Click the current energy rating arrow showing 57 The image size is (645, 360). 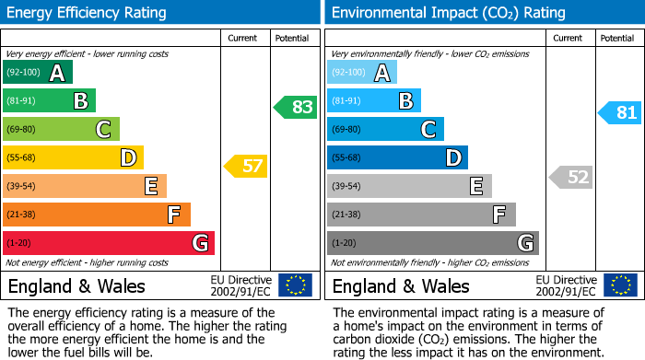[245, 167]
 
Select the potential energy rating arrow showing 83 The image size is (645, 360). [296, 107]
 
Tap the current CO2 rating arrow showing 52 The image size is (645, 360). [570, 177]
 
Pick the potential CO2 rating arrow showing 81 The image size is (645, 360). [620, 113]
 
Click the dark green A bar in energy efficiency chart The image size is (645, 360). [38, 73]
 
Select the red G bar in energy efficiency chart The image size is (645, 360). [109, 243]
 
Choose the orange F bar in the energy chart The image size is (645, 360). [97, 215]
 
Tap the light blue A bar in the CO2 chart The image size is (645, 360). [362, 73]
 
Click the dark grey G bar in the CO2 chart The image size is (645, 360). [433, 243]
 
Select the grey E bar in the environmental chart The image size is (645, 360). [409, 186]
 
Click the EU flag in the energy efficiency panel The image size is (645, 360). [296, 285]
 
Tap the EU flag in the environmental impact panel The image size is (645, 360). [620, 285]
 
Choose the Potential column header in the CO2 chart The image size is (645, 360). [617, 38]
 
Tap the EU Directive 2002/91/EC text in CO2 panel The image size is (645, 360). [566, 285]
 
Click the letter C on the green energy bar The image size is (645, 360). [105, 130]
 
